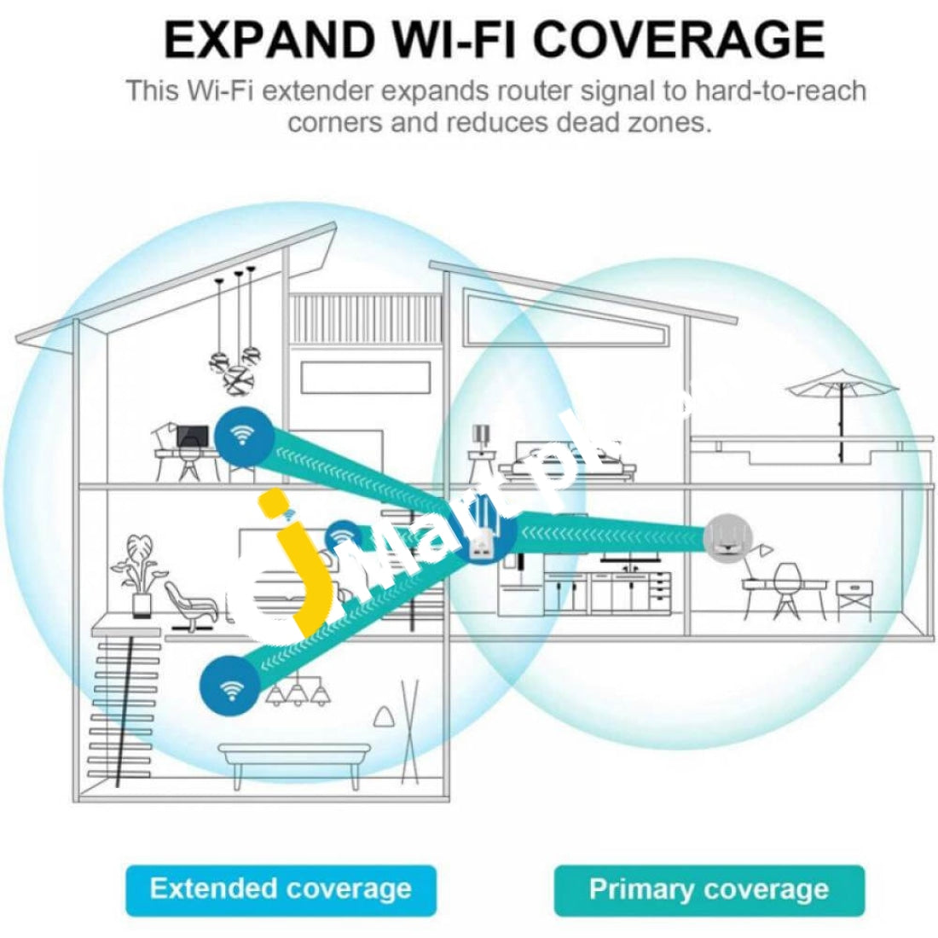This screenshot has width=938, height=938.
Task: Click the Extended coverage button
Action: click(x=281, y=889)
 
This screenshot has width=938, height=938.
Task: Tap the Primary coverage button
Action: click(x=709, y=889)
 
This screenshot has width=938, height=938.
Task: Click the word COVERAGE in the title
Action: click(x=679, y=39)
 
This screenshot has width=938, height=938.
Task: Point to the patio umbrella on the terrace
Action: click(x=842, y=406)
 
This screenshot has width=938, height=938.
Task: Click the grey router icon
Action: click(x=727, y=538)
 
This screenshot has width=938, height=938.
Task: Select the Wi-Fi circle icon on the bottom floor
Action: click(x=229, y=686)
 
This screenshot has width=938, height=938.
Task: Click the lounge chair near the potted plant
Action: click(x=191, y=605)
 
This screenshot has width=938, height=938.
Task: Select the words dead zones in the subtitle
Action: click(x=634, y=123)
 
